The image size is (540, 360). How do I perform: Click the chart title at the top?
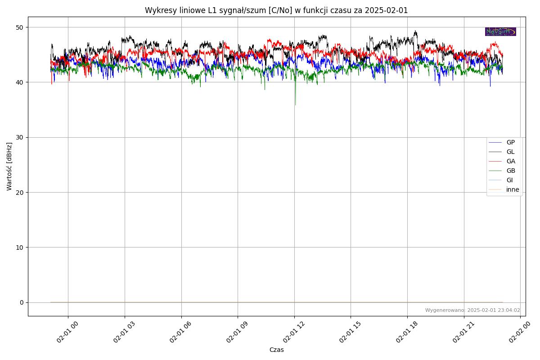pos(276,10)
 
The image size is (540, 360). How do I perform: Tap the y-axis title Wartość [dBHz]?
pos(9,166)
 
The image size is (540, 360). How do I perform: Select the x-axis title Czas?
pos(276,350)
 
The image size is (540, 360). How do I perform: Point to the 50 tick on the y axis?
pos(20,27)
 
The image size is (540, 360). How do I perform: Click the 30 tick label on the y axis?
pos(20,137)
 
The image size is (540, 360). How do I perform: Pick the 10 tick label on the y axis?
pos(20,247)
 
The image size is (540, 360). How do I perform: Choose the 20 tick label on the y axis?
pos(20,193)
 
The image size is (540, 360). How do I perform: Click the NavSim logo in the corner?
pos(500,31)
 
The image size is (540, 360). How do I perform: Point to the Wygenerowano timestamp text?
pos(472,310)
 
